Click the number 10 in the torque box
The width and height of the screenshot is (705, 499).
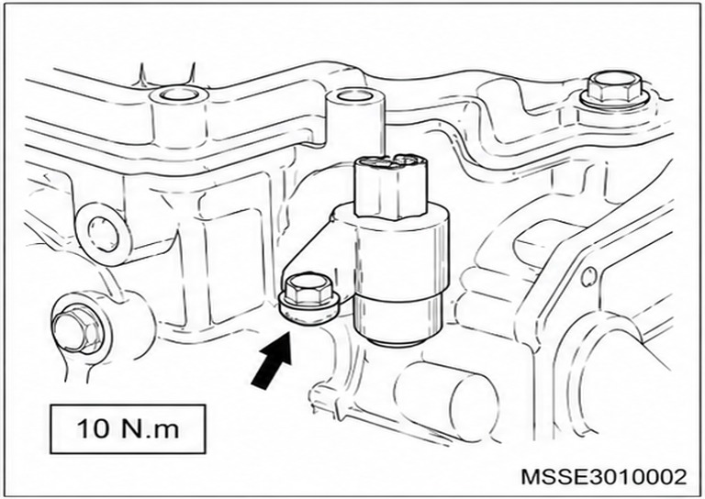[x=94, y=428]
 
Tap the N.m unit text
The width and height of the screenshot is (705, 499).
[x=150, y=428]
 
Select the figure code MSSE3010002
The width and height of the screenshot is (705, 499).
[x=604, y=476]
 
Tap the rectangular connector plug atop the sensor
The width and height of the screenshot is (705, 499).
[x=390, y=186]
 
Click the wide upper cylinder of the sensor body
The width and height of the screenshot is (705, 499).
[x=400, y=251]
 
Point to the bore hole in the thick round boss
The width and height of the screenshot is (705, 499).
[x=104, y=234]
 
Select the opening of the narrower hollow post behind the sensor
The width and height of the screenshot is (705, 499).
[x=356, y=95]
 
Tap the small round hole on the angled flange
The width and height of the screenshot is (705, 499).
[x=588, y=277]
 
